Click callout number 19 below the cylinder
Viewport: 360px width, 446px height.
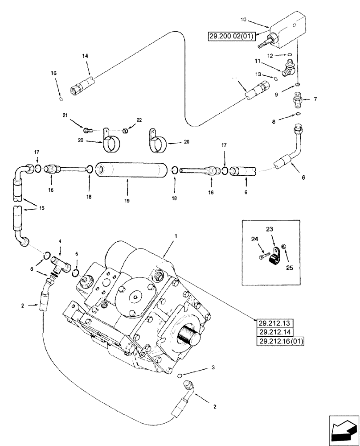(127, 201)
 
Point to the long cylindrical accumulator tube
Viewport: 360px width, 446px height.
(129, 169)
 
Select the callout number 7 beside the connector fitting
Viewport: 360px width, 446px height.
(315, 99)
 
